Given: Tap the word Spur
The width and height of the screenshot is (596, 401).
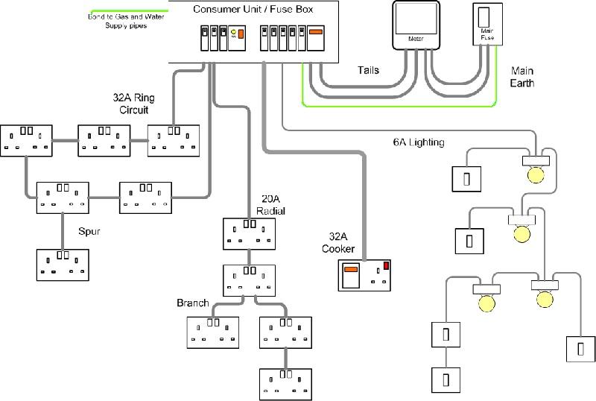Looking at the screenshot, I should pyautogui.click(x=89, y=232).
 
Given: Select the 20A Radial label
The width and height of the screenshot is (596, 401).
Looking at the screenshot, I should pyautogui.click(x=270, y=205).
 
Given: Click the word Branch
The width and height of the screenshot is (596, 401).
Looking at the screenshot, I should pyautogui.click(x=192, y=303).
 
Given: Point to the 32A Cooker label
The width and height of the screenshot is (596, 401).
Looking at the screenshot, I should pyautogui.click(x=337, y=243).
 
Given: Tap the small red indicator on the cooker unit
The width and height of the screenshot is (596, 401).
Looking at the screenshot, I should pyautogui.click(x=387, y=265).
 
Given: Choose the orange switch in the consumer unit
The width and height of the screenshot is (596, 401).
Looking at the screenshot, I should pyautogui.click(x=315, y=33).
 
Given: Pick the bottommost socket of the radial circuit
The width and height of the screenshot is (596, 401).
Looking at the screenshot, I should pyautogui.click(x=285, y=384).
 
